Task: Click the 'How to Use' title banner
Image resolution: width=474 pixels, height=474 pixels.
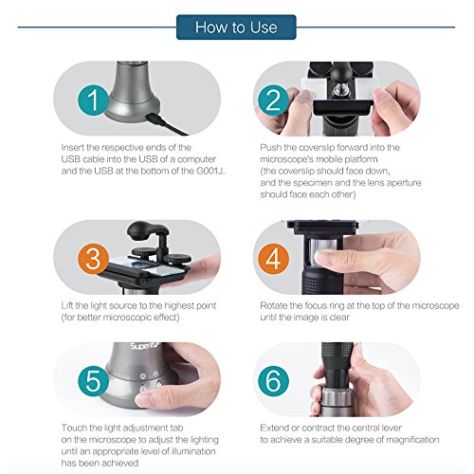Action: click(236, 27)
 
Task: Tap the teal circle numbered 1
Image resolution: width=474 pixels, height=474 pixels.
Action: click(94, 100)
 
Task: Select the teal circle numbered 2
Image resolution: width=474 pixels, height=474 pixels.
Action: click(273, 100)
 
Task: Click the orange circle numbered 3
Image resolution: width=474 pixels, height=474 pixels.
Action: click(94, 259)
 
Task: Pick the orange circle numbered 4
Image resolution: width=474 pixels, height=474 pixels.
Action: click(273, 259)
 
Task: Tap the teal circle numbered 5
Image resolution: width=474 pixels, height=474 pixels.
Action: click(94, 381)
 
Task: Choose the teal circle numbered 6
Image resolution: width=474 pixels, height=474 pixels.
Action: click(273, 381)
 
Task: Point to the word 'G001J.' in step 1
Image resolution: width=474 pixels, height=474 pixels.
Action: click(210, 171)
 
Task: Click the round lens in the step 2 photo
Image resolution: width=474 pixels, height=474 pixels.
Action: click(339, 90)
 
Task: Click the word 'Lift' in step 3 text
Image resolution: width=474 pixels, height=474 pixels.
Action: click(67, 305)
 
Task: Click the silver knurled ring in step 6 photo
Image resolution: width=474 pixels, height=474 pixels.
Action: click(337, 397)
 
